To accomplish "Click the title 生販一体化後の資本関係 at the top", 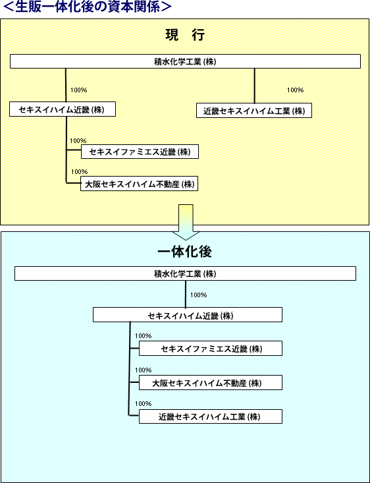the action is tap(88, 7).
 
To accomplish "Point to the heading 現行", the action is tap(185, 36).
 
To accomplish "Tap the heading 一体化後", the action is tap(185, 252).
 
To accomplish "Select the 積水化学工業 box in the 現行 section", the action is tap(185, 61).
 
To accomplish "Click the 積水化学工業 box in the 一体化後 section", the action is tap(185, 273).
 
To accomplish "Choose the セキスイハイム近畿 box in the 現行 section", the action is tap(63, 109).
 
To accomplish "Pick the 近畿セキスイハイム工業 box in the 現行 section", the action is tap(254, 111).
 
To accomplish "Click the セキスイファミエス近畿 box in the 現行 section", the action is tap(140, 152).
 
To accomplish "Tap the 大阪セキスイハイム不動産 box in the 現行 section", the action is tap(139, 184).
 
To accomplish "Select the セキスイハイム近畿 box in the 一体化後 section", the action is tap(188, 315).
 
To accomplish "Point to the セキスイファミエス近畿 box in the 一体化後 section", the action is tap(211, 349).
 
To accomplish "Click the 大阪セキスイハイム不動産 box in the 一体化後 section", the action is tap(211, 383).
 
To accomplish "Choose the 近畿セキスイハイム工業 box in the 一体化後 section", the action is tap(211, 416).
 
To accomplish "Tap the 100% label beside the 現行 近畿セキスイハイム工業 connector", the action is tap(295, 90).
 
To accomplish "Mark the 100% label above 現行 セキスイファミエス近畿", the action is tap(78, 141).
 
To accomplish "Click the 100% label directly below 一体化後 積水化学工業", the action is tap(199, 295).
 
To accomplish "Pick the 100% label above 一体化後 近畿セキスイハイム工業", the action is tap(143, 403).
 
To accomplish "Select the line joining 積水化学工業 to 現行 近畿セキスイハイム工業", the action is tap(254, 86).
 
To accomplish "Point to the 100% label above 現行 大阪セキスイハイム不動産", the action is tap(79, 171).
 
